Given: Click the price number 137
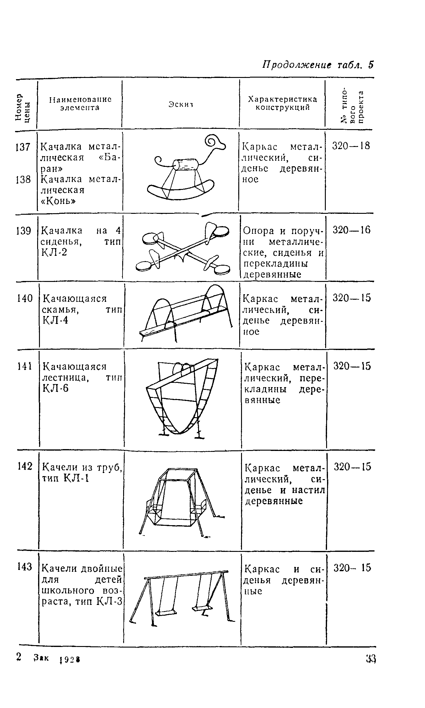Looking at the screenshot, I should pos(23,147).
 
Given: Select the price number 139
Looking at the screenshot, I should pos(23,230).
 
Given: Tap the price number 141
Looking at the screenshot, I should pos(25,366).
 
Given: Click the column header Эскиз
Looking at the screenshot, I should pos(180,104).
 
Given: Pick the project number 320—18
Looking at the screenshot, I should pos(351,146).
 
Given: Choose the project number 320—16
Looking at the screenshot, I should pos(352,230).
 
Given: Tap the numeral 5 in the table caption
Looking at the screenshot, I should pos(371,65).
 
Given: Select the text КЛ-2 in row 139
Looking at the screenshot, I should pos(54,252).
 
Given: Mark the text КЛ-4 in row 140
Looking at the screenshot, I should pos(55,320).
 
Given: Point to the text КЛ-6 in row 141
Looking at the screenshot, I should pos(55,388).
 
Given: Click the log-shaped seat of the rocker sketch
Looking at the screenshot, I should pos(186,164).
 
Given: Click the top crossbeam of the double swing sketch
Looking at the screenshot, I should pos(187,575).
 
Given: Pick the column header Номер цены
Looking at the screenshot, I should pos(23,108).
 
